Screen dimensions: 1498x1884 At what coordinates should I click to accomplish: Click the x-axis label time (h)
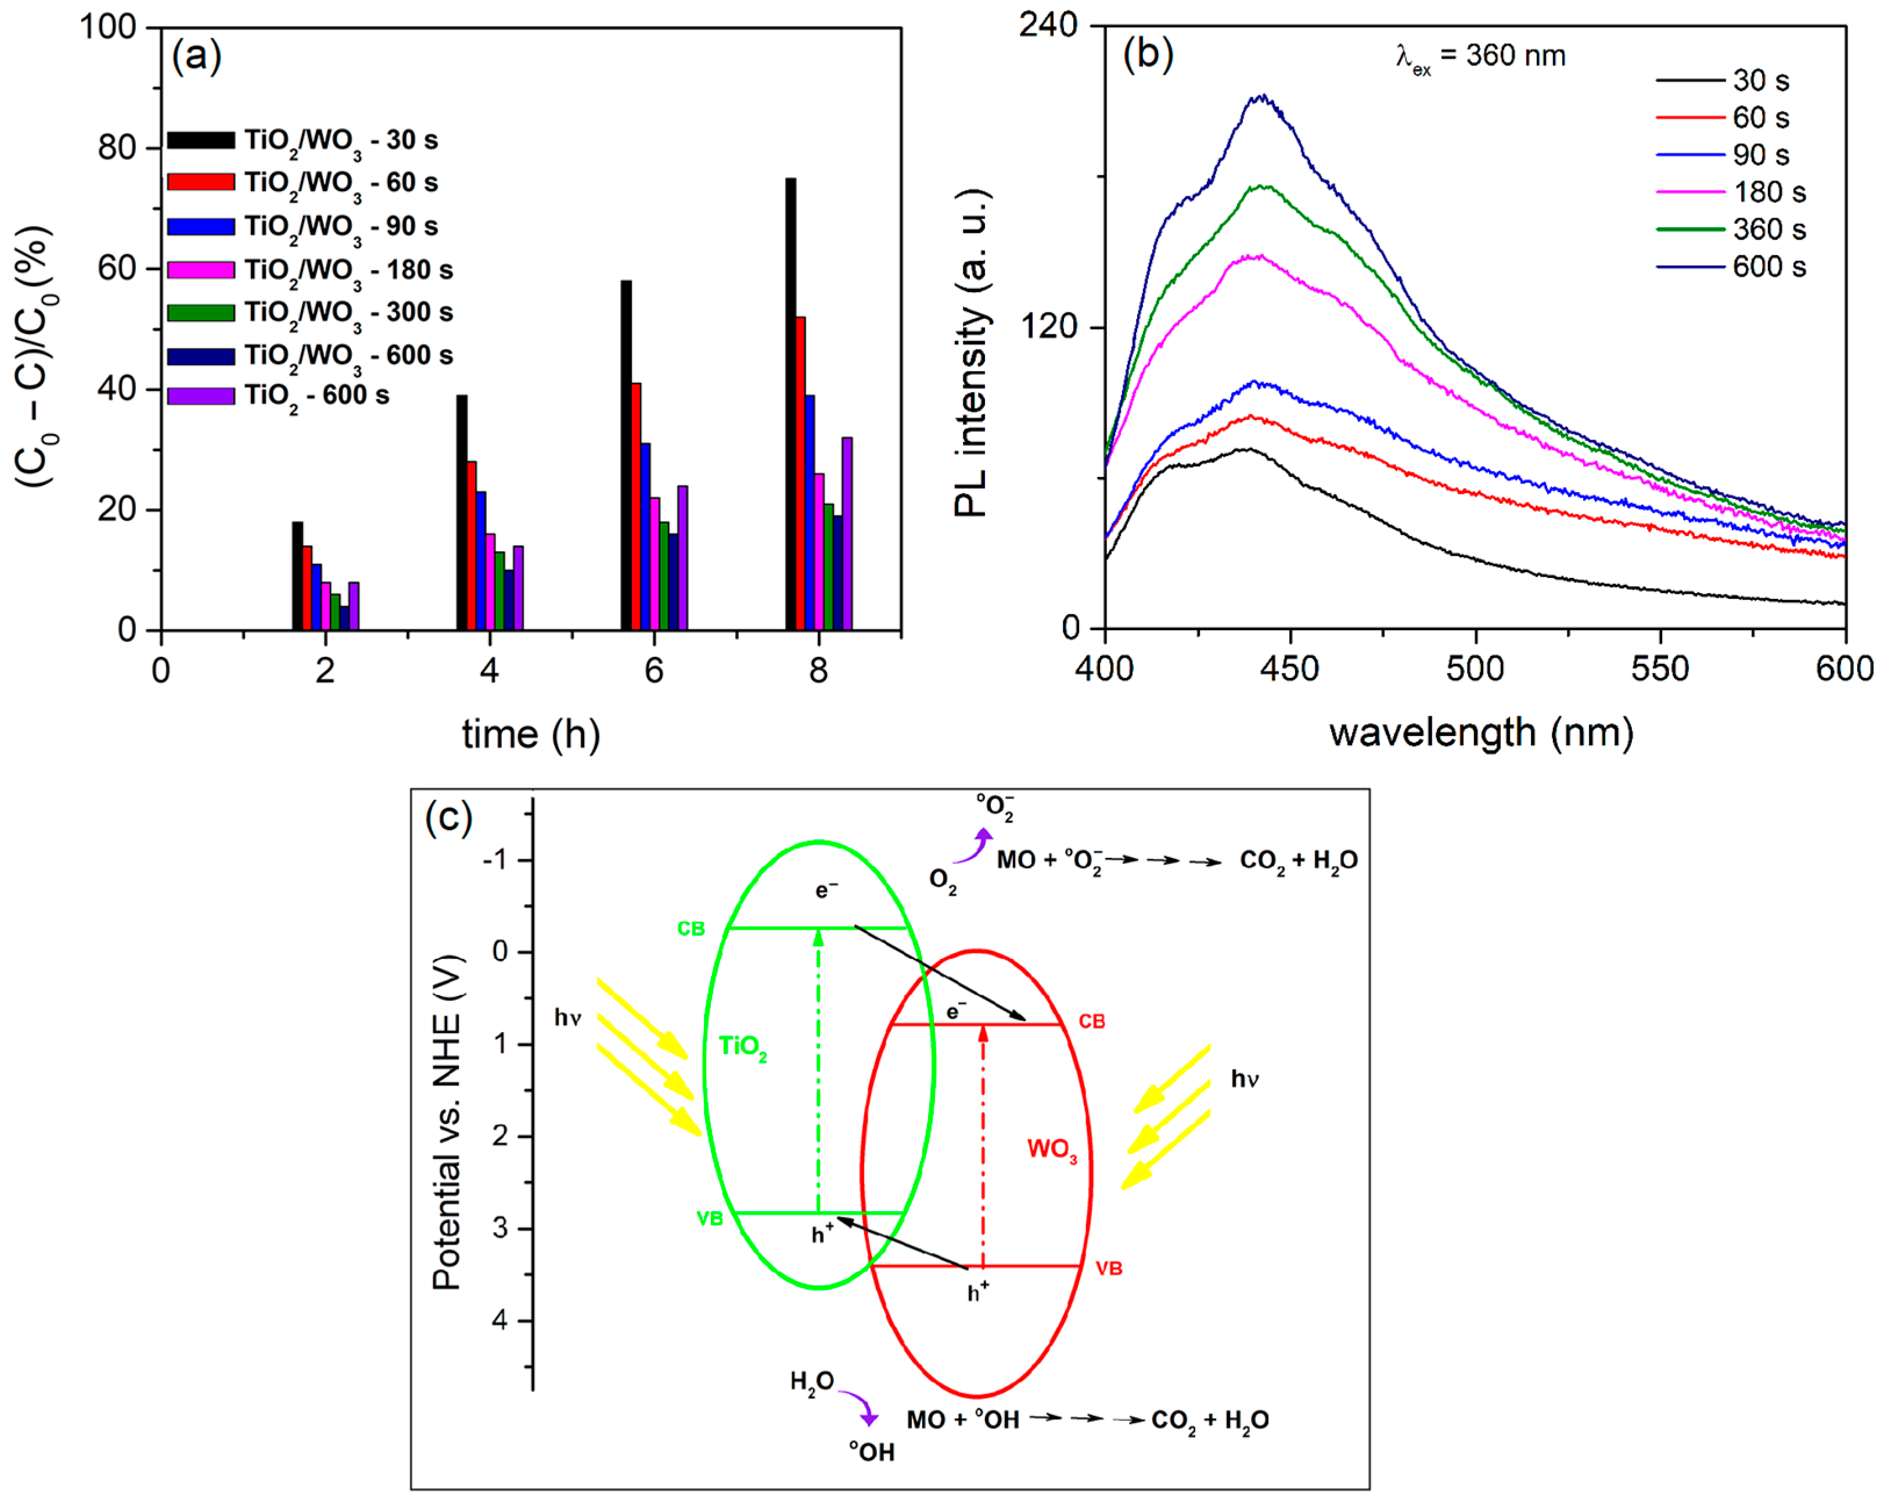click(x=530, y=734)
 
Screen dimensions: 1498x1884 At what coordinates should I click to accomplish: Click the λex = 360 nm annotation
click(x=1480, y=57)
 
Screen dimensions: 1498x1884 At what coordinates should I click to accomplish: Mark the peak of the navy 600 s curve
click(x=1261, y=97)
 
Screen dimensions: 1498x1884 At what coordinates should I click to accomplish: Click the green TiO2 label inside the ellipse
click(x=742, y=1047)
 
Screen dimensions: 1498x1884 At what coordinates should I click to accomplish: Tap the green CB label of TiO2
click(x=691, y=929)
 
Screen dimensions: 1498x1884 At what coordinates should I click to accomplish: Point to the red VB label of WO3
click(x=1108, y=1268)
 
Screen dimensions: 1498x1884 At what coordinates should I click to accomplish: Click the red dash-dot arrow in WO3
click(x=983, y=1145)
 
